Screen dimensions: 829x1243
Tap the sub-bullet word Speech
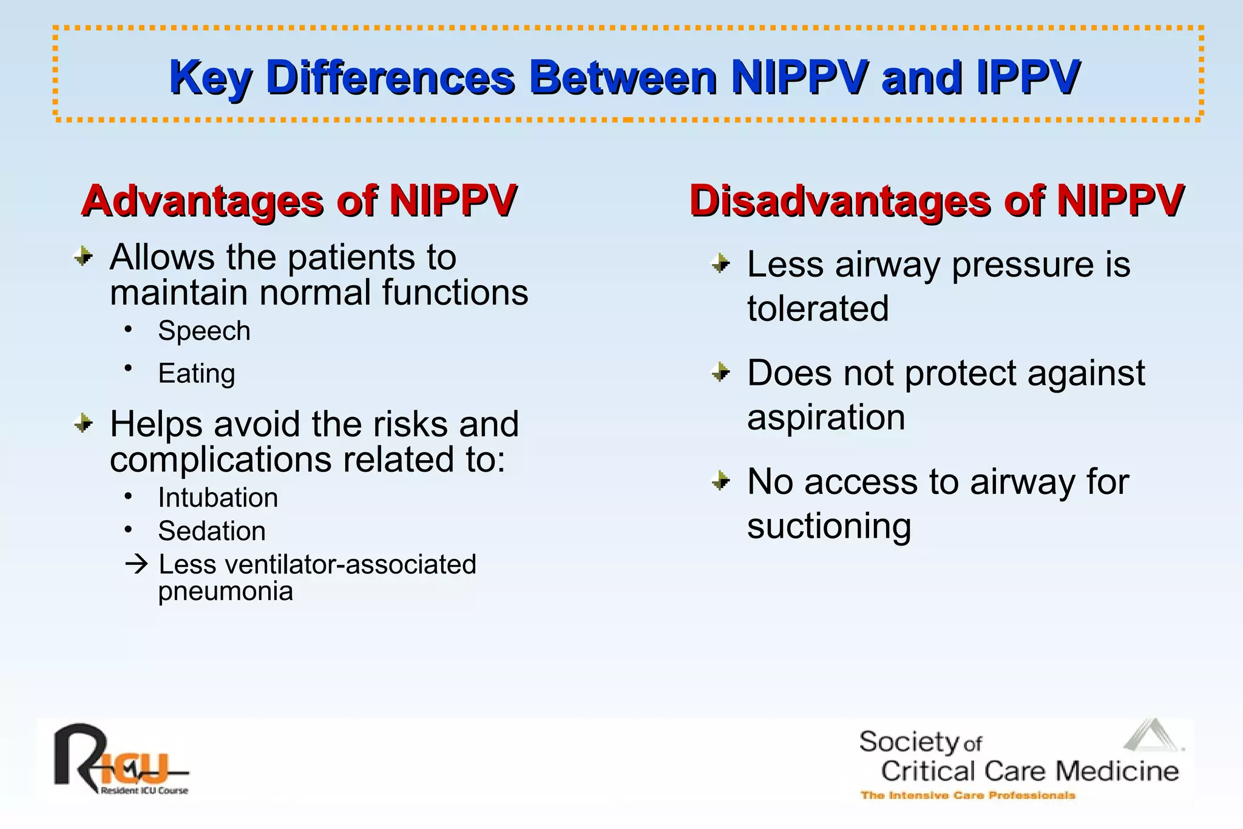click(204, 331)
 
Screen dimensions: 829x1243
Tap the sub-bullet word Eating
click(196, 373)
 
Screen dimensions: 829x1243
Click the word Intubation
click(218, 498)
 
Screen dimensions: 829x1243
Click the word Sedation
click(212, 531)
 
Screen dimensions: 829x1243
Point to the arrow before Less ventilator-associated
click(137, 564)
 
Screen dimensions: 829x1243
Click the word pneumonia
click(225, 591)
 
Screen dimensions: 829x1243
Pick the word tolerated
click(818, 308)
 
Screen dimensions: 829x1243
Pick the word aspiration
click(825, 418)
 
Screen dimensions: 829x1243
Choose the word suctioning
click(828, 526)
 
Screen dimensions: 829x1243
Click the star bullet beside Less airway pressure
click(720, 264)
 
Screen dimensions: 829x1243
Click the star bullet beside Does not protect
click(720, 372)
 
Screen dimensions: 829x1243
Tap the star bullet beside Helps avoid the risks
click(83, 423)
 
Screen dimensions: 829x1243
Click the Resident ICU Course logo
click(120, 761)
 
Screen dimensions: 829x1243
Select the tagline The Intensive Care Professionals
click(967, 795)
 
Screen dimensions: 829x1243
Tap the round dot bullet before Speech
click(128, 330)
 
